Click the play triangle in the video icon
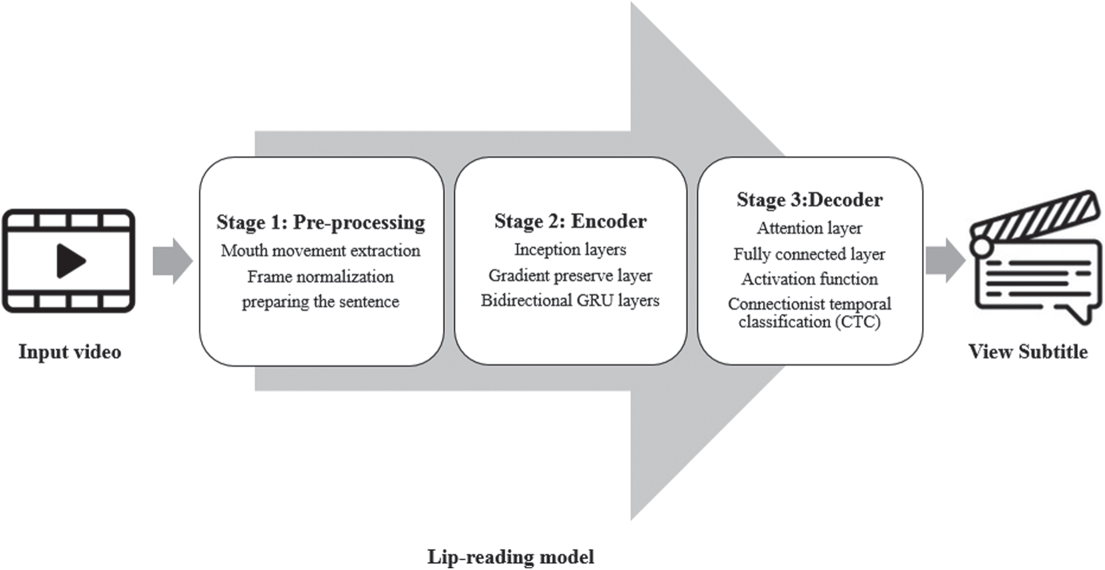point(70,261)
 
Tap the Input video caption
point(69,352)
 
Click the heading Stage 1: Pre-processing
point(320,222)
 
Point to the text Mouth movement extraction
point(320,251)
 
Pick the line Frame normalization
point(320,277)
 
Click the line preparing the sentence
point(320,302)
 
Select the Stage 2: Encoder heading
point(570,221)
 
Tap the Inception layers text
point(570,249)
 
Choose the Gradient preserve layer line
point(570,276)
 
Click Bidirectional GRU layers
point(570,301)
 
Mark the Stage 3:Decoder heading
point(809,200)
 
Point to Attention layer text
point(809,228)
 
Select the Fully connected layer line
point(809,254)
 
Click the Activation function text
point(809,279)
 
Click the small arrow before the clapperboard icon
point(945,260)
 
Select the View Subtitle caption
point(1028,352)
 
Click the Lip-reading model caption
point(510,556)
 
